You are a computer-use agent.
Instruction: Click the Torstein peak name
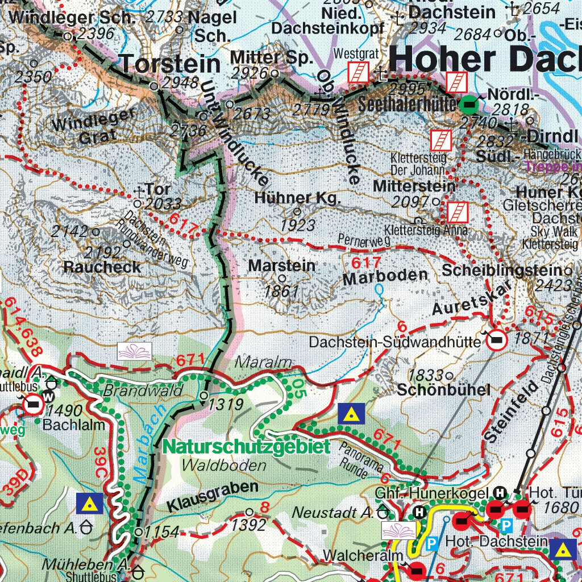click(171, 64)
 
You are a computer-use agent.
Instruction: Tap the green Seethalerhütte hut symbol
click(469, 103)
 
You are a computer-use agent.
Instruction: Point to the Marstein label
click(281, 265)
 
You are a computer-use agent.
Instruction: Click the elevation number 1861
click(281, 292)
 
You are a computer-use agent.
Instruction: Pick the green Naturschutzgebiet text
click(246, 447)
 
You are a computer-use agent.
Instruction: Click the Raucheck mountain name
click(102, 267)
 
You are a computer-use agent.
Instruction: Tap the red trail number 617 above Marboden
click(365, 263)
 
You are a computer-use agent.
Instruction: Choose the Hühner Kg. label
click(297, 198)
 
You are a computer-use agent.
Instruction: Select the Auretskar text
click(468, 300)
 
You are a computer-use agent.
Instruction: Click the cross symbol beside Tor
click(139, 192)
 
